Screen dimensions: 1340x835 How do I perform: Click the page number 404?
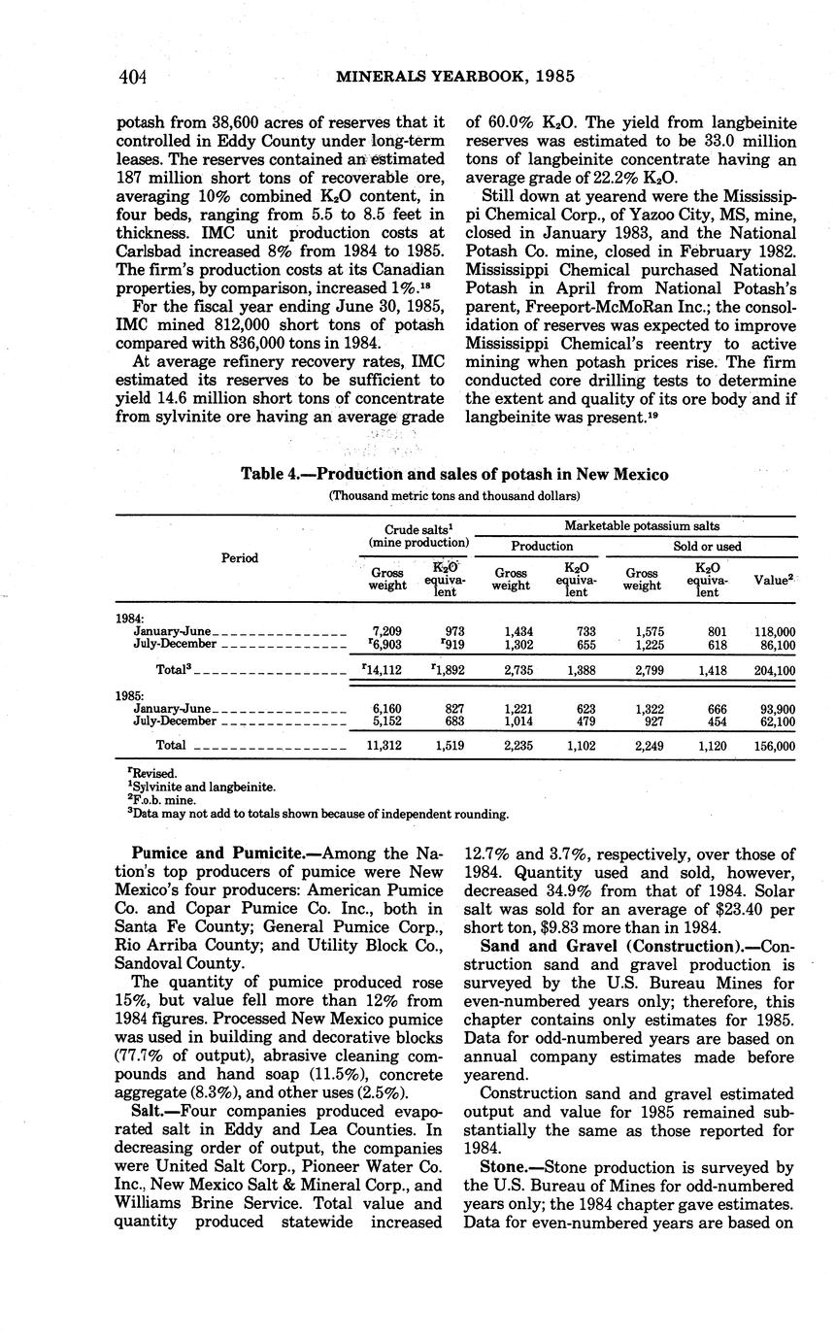[x=132, y=77]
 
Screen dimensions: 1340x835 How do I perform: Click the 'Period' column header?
[x=239, y=558]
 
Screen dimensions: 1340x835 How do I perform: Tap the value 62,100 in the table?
[x=775, y=721]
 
